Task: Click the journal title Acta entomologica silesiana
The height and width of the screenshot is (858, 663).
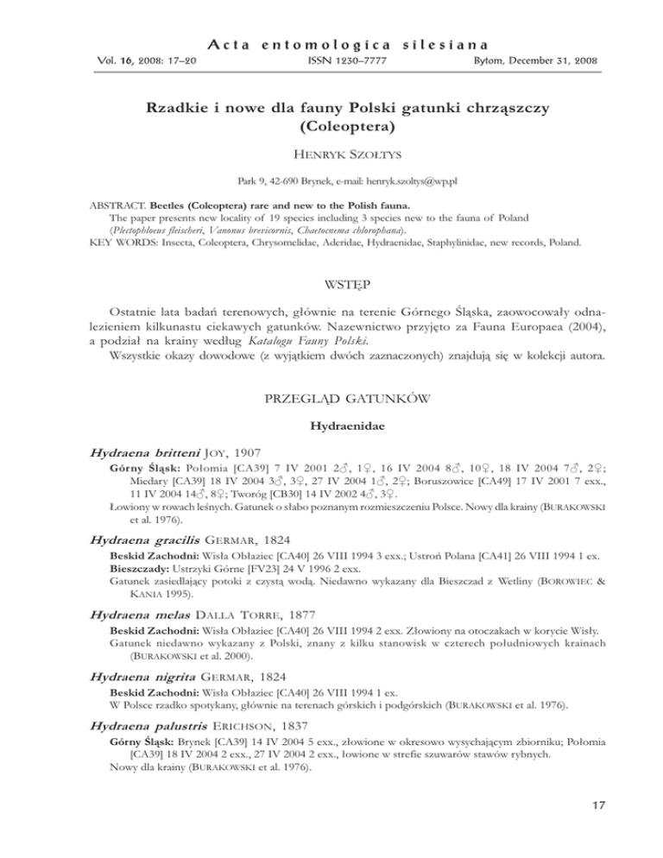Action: coord(331,42)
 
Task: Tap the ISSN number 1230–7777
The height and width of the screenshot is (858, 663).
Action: coord(331,61)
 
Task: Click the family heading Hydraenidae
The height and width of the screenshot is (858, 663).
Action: coord(331,451)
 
